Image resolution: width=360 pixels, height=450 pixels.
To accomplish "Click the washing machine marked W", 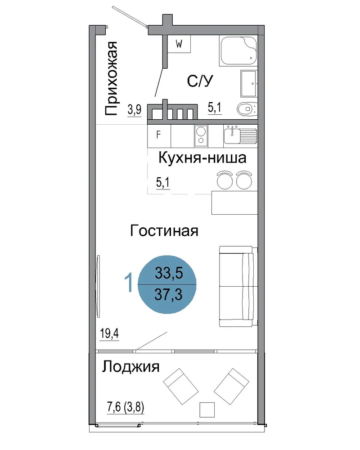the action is click(179, 44).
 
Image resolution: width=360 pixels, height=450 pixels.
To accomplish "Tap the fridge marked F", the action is click(159, 136).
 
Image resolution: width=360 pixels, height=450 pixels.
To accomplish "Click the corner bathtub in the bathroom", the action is click(238, 51).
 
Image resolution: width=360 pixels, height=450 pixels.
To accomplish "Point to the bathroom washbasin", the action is click(248, 84).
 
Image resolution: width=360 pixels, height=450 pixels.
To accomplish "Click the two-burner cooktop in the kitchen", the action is click(201, 135).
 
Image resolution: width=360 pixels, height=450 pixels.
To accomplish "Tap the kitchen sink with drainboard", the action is click(240, 135).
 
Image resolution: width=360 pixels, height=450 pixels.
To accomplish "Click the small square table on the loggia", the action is click(207, 409).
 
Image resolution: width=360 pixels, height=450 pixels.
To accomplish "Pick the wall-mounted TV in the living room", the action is click(98, 286).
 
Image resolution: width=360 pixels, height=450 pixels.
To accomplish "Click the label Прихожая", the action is click(111, 78).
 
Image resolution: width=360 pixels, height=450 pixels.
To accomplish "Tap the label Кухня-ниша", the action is click(202, 158).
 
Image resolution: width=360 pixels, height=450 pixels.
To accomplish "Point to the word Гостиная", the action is click(164, 231).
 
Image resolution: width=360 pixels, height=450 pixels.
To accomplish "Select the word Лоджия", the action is click(130, 367).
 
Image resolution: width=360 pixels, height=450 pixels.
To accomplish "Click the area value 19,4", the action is click(109, 334).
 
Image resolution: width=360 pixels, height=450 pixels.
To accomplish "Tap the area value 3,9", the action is click(135, 110).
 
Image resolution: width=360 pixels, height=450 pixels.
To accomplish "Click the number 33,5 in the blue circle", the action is click(169, 273).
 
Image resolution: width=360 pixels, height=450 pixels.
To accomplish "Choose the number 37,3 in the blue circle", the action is click(168, 294).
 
